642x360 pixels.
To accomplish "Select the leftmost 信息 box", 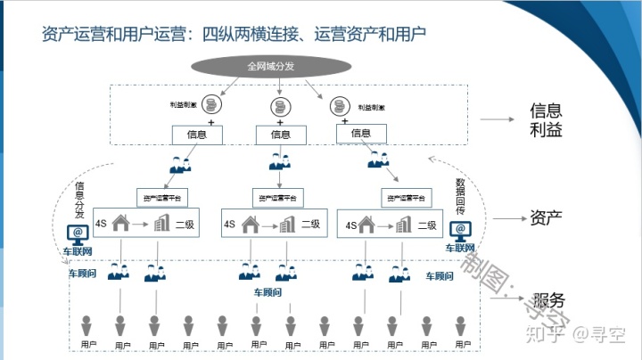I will tap(197, 135).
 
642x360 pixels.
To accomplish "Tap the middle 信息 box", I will tap(280, 135).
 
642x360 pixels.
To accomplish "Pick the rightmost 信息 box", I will tap(361, 133).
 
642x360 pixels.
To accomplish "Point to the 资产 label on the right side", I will tap(546, 218).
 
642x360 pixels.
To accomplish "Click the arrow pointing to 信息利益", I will tap(498, 119).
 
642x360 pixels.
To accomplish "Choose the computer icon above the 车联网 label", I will tap(78, 234).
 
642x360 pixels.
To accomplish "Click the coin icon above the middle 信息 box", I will tap(279, 107).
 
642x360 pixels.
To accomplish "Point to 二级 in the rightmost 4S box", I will tap(432, 225).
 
